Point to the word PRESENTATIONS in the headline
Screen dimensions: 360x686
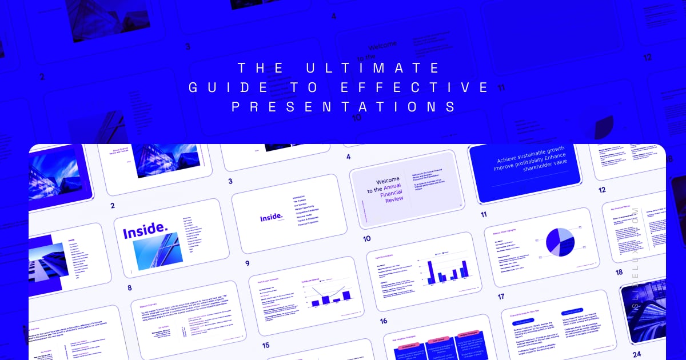(343, 107)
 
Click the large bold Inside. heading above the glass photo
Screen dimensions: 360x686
(145, 232)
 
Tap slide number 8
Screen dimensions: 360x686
(130, 287)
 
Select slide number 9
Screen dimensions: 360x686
(247, 263)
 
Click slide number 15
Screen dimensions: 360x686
(265, 345)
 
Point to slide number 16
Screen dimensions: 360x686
(383, 321)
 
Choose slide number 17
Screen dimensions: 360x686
(501, 297)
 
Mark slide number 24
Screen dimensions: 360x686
(637, 354)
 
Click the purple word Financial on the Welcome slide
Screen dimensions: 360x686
(392, 192)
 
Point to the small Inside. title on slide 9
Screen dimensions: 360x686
(271, 217)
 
